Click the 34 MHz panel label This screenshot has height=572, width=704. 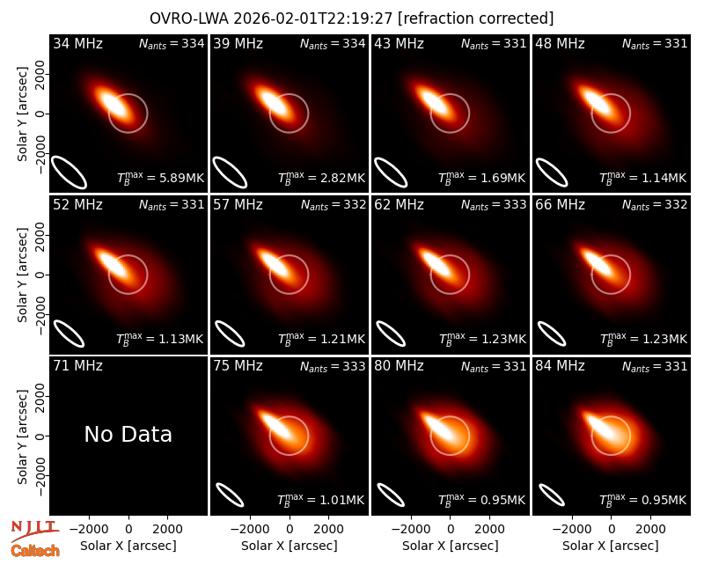[77, 43]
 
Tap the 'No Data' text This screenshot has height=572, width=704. [128, 434]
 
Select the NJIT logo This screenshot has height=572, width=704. [34, 529]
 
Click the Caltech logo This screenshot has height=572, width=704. [35, 551]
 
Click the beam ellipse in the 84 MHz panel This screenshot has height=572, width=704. [552, 495]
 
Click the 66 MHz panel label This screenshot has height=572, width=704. [560, 205]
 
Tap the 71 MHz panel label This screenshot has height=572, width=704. [77, 366]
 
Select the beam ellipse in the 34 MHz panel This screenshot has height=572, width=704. [70, 172]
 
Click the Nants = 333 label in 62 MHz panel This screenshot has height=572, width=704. [494, 205]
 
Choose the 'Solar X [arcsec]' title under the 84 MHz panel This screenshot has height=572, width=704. [611, 546]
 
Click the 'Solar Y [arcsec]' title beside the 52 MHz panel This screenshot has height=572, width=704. [23, 275]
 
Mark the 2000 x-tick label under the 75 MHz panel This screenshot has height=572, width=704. [329, 530]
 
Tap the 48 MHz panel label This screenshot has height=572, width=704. [560, 43]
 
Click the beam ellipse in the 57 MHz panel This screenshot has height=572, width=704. [230, 334]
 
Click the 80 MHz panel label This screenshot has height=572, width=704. [399, 366]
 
